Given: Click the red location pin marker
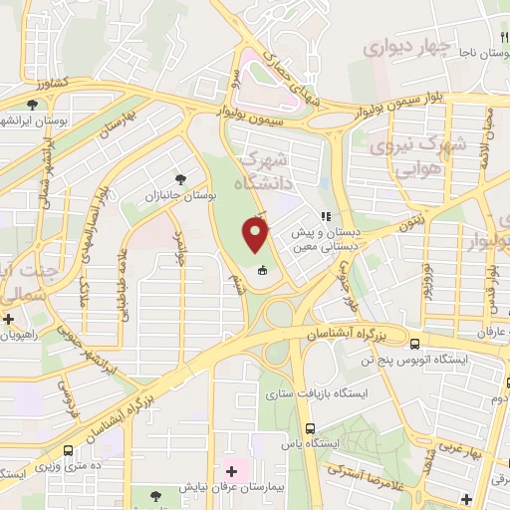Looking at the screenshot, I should pyautogui.click(x=256, y=236).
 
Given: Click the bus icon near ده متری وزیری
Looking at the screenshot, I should pyautogui.click(x=69, y=449).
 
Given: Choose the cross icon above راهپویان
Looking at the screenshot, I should pyautogui.click(x=10, y=320).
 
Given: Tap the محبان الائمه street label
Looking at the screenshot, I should pyautogui.click(x=484, y=140).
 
